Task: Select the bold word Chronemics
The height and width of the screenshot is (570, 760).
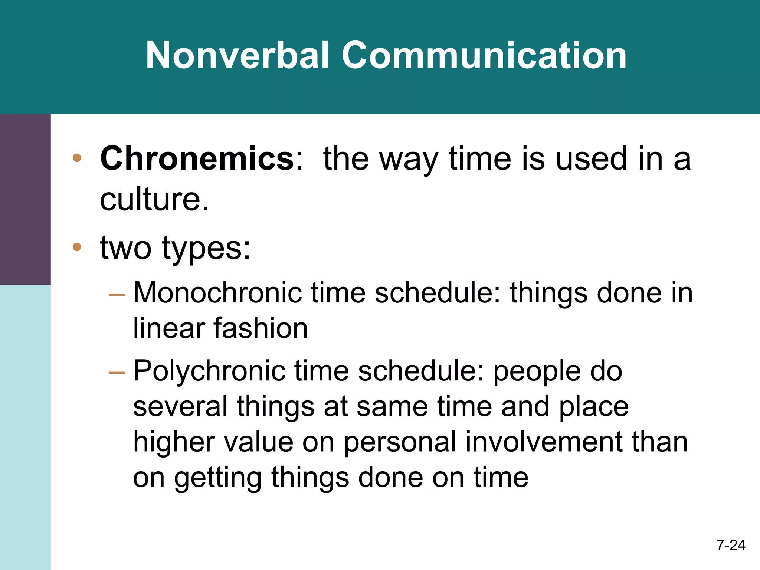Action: tap(197, 158)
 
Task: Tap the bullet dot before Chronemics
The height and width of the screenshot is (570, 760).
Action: tap(77, 158)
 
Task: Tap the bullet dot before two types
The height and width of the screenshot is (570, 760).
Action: tap(77, 247)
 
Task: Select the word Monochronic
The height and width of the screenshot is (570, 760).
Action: tap(218, 293)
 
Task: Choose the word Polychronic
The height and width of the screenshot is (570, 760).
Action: tap(209, 371)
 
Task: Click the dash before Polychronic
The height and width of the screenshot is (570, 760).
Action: tap(117, 372)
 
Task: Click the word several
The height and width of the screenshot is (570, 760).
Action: tap(180, 406)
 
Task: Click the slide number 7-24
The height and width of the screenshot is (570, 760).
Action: tap(731, 545)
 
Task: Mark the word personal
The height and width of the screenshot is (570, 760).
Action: tap(399, 442)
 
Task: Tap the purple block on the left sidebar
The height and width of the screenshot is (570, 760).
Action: tap(25, 199)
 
